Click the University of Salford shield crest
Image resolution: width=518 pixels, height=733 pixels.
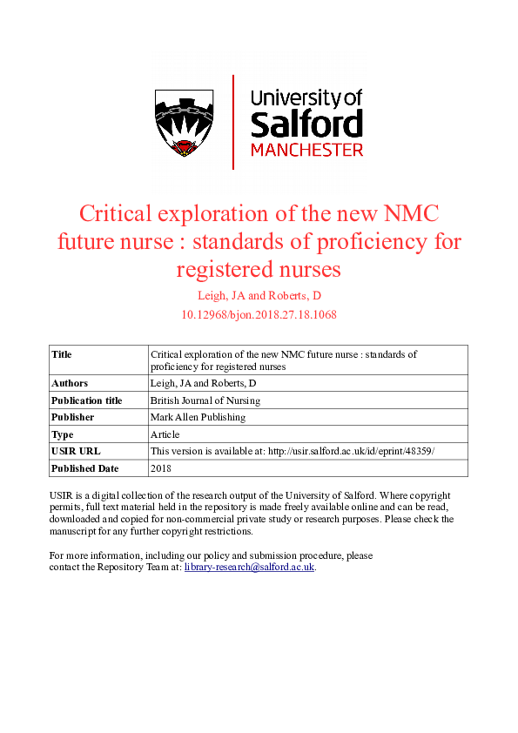click(184, 123)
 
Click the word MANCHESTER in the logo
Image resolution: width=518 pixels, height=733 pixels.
click(306, 150)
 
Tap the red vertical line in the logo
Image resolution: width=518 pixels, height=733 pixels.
click(233, 122)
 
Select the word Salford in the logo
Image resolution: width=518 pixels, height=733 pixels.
click(306, 124)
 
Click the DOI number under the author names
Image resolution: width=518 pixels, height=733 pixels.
click(259, 314)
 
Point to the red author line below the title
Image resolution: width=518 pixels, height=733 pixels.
click(259, 296)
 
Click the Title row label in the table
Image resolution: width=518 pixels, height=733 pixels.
click(62, 355)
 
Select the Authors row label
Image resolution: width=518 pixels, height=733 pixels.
click(70, 383)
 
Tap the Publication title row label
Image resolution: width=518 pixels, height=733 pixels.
click(87, 400)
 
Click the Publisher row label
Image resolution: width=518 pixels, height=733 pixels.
click(73, 417)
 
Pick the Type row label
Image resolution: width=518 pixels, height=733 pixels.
click(63, 434)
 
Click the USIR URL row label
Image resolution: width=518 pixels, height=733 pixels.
click(76, 451)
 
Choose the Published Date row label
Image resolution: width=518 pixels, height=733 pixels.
click(85, 468)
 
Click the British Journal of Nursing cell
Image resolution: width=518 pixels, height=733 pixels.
click(205, 400)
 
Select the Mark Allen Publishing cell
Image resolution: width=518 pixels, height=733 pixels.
click(198, 417)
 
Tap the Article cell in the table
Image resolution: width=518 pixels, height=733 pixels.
click(165, 434)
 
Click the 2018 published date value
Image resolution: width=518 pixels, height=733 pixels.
click(161, 468)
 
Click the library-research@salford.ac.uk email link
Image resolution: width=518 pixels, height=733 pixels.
click(249, 567)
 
